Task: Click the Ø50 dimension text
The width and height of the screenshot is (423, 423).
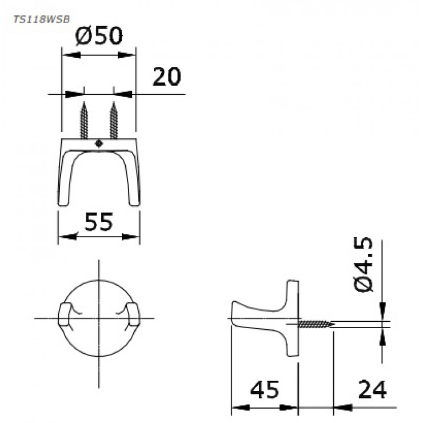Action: (99, 36)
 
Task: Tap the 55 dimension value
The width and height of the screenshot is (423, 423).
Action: (99, 221)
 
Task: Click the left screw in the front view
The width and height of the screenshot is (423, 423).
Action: (85, 120)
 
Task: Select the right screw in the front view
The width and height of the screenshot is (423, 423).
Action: (114, 120)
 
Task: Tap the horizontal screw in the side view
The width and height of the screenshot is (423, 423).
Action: (316, 324)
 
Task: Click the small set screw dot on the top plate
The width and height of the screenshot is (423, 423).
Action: (99, 144)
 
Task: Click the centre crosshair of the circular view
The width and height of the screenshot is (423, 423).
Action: (99, 317)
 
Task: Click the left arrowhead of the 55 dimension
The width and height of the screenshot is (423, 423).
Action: (62, 237)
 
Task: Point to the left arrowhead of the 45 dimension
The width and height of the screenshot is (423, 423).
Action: (235, 408)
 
